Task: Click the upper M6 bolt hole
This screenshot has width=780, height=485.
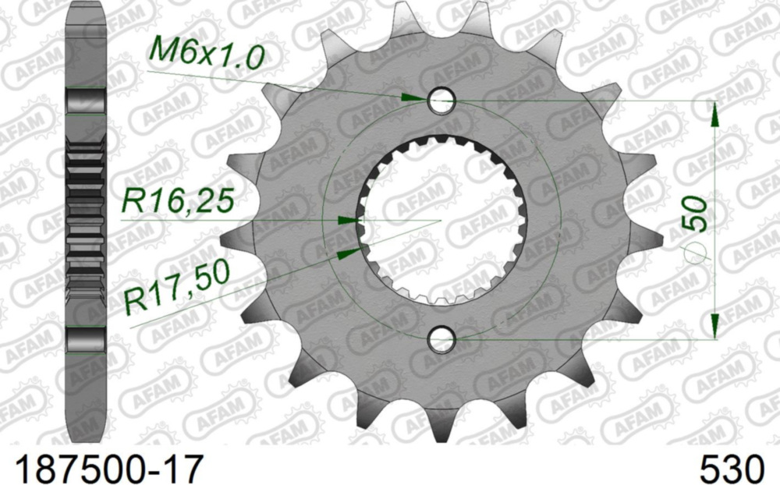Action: (441, 100)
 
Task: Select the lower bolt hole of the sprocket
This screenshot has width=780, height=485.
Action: (441, 338)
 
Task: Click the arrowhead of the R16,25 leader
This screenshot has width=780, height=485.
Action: (347, 221)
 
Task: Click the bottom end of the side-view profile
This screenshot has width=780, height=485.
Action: (85, 437)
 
